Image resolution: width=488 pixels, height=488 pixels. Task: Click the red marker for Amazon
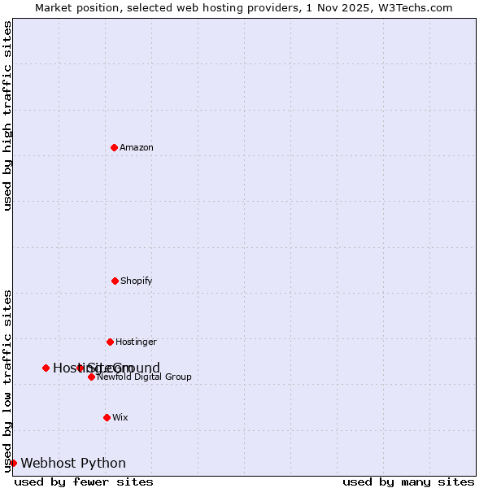[114, 147]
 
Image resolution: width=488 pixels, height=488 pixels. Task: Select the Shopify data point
[115, 281]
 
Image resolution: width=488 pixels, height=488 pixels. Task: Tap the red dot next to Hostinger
[110, 342]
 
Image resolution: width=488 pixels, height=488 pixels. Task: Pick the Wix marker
[107, 417]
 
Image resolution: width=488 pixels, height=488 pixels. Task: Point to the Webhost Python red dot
[13, 463]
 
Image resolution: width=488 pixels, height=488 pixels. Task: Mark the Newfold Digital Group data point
[91, 377]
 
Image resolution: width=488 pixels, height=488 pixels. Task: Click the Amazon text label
[137, 147]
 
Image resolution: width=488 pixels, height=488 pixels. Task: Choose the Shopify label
[137, 281]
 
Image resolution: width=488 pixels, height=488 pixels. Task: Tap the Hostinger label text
[136, 342]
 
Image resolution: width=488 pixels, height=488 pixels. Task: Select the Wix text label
[120, 417]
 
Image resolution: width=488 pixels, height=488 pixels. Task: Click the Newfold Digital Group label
[144, 377]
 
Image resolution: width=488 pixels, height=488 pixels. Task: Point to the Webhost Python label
[73, 463]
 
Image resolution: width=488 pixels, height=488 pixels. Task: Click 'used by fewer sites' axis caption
[84, 481]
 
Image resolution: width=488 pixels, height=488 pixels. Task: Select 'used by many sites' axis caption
[408, 481]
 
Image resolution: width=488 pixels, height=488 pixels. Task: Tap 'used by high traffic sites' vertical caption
[7, 115]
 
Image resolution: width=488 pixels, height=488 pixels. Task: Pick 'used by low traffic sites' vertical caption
[7, 381]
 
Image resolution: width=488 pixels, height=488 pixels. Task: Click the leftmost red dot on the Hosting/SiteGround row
[46, 368]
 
